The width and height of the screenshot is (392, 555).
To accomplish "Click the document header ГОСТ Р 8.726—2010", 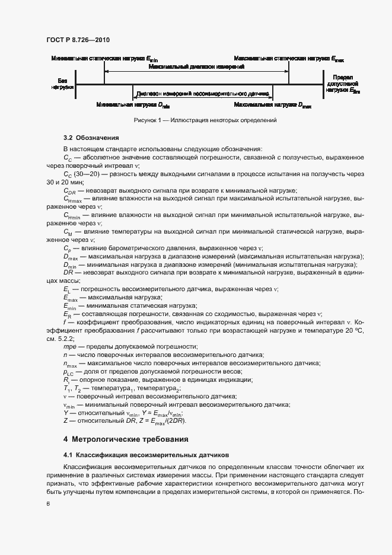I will [x=78, y=40].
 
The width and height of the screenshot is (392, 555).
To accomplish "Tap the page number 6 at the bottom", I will [x=48, y=503].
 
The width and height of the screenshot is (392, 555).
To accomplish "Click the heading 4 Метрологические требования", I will [x=126, y=439].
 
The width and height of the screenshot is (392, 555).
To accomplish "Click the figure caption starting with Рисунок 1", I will [x=206, y=120].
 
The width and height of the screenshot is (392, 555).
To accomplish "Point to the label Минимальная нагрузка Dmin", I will [x=132, y=105].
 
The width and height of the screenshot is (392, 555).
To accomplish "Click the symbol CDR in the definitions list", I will [x=69, y=191].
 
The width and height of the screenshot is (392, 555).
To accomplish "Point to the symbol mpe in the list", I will [x=70, y=346].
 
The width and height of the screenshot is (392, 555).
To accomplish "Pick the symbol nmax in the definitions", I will [x=70, y=363].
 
